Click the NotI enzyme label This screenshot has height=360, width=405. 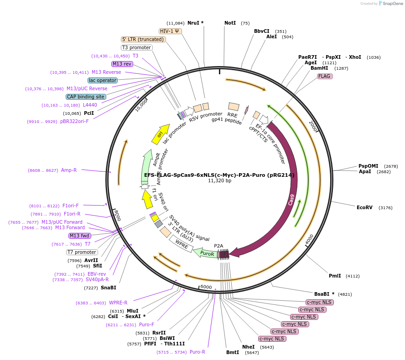click(x=230, y=23)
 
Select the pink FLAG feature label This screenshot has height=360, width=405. click(x=325, y=76)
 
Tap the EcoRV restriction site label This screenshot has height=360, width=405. click(x=364, y=207)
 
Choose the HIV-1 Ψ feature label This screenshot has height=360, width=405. click(x=170, y=31)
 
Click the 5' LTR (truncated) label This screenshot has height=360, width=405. click(x=143, y=39)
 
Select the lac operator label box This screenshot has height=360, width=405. click(x=103, y=80)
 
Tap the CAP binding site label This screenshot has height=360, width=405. click(x=86, y=97)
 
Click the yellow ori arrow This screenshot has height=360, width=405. click(x=158, y=135)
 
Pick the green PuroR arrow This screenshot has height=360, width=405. click(x=205, y=253)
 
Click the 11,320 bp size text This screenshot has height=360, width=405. click(x=219, y=180)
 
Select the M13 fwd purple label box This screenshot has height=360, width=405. click(x=79, y=236)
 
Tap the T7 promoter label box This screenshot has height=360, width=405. click(x=82, y=252)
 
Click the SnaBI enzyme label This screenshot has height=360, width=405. click(x=109, y=288)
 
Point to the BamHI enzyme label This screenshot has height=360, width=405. click(x=319, y=68)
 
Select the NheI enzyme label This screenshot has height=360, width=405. click(x=249, y=347)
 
